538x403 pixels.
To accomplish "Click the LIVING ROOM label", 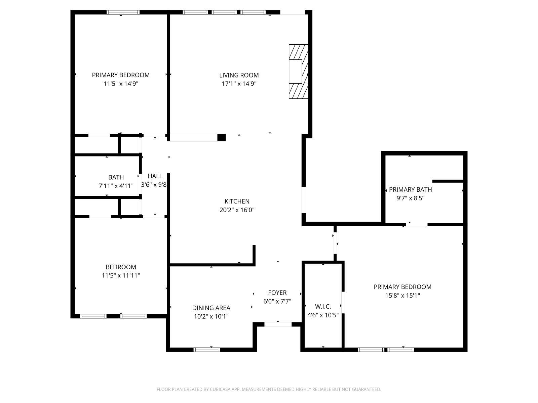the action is point(239,75).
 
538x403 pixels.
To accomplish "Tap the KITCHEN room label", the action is point(237,201).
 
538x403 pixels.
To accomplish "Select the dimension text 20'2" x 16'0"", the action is point(237,210).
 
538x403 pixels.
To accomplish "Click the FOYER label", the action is point(277,293).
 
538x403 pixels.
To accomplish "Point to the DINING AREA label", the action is point(211,308).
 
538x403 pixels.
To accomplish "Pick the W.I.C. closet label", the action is point(323,306).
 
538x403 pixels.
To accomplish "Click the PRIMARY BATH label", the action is point(410,190).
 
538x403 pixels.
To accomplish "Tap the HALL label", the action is point(155,176).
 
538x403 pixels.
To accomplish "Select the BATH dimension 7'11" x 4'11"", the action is point(116,186).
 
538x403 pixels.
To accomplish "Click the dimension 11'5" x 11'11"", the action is point(121,275).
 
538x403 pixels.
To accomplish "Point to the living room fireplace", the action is point(298,72).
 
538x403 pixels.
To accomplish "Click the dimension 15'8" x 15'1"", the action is point(402,296).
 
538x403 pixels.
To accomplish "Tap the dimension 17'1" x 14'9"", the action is point(239,84).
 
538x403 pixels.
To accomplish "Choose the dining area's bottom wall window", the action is point(206,350).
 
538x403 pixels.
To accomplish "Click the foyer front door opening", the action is point(278,324).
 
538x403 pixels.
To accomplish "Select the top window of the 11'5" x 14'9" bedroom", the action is point(123,12).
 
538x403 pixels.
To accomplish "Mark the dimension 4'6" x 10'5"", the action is point(323,315).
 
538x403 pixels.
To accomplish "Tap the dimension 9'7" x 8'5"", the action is point(410,198).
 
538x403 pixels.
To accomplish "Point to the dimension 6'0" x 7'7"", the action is point(277,301).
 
